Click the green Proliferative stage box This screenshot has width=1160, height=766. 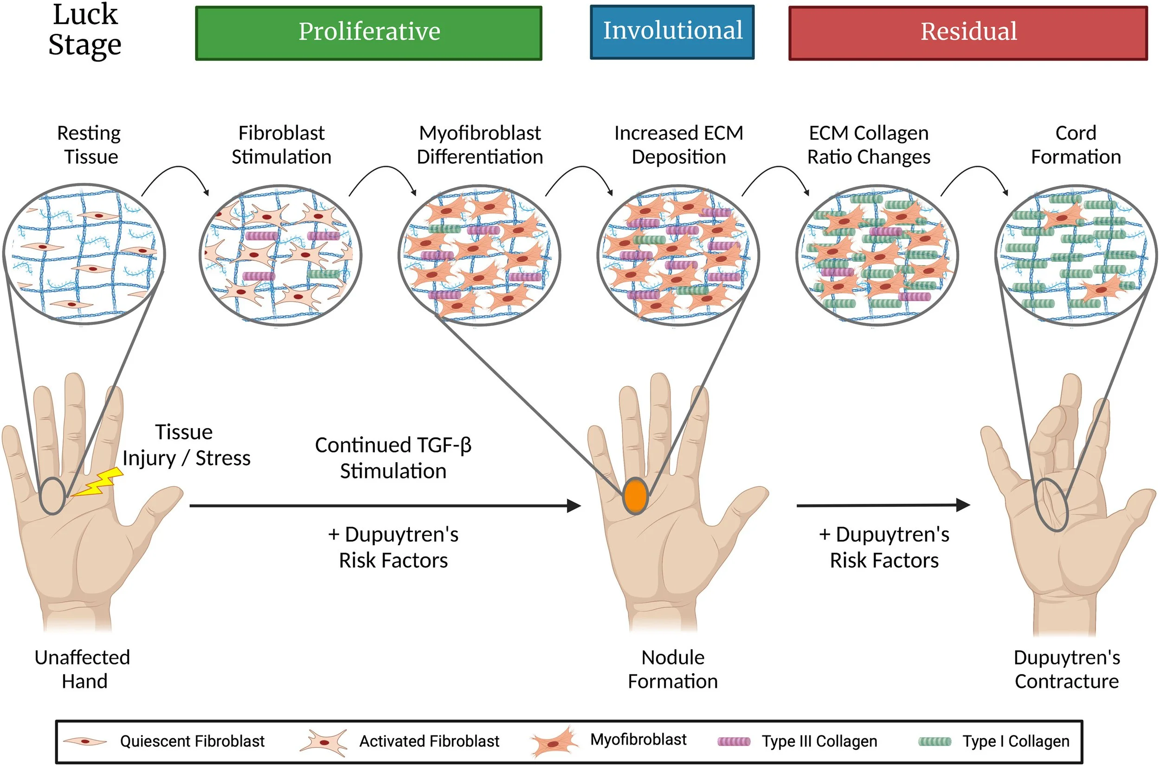pos(369,33)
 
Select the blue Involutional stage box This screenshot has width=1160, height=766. pos(672,32)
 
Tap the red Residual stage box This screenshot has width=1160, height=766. pos(968,33)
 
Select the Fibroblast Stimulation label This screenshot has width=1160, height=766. pos(281,145)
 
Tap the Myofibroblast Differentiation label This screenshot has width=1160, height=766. pos(480,145)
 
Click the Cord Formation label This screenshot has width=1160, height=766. pos(1076,145)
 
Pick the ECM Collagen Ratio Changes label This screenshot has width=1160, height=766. pos(869,145)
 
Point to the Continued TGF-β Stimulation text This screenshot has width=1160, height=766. pos(393,458)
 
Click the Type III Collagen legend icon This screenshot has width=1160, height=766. pos(734,741)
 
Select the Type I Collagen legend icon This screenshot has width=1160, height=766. pos(935,741)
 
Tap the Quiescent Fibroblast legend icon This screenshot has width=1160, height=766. pos(85,741)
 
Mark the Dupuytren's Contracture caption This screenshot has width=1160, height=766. pos(1067,669)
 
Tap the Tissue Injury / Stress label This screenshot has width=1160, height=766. pos(186,445)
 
